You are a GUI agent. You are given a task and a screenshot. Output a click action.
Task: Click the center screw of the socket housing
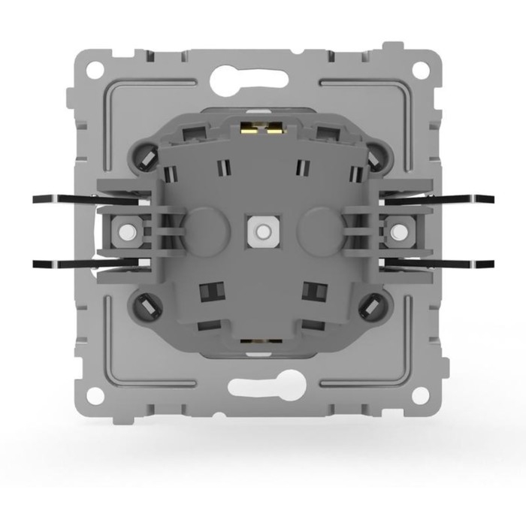point(262,229)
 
